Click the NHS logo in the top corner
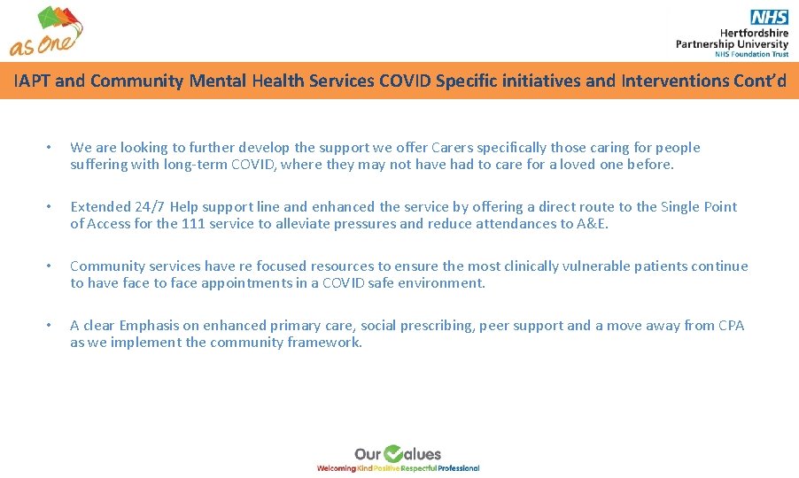(769, 16)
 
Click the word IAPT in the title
(32, 81)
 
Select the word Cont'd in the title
(758, 81)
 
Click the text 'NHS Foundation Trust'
(752, 54)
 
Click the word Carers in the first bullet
(456, 148)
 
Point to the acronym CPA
(731, 326)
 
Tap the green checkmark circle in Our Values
(393, 454)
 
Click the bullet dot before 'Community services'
(50, 266)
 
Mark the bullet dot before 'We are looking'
(50, 148)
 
